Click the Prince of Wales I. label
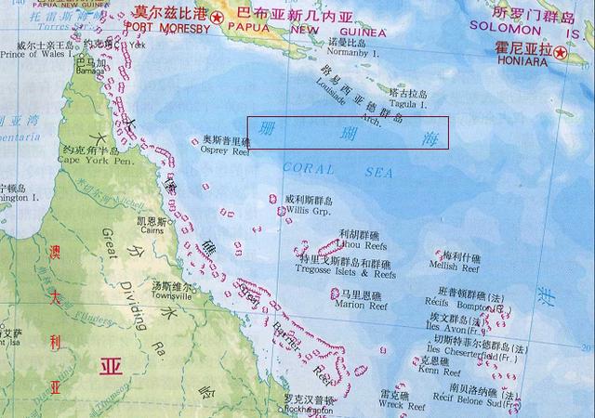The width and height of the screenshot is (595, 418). pos(37,53)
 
